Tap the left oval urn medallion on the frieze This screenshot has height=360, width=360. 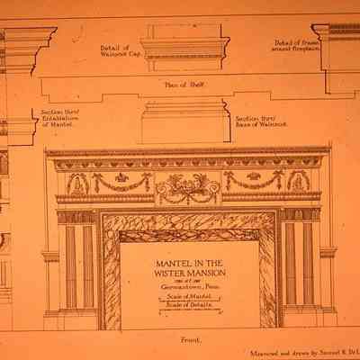[78, 184]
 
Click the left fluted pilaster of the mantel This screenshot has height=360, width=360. [77, 264]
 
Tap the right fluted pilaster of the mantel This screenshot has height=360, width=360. [298, 264]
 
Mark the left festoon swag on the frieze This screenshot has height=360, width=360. [122, 182]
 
